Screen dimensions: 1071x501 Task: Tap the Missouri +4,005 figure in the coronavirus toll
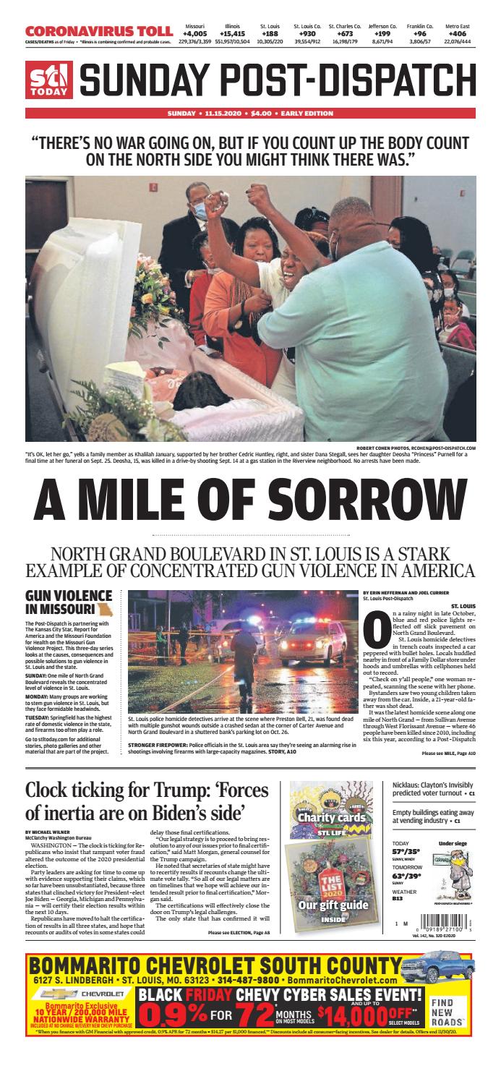[194, 33]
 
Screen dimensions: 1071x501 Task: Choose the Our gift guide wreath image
[322, 882]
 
